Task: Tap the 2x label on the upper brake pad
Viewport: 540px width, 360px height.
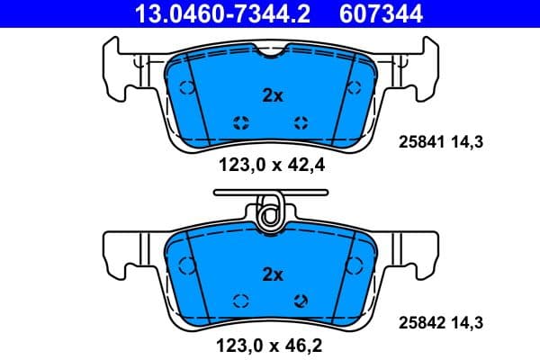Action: pos(272,96)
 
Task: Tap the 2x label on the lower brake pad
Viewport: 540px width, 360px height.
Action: pos(272,274)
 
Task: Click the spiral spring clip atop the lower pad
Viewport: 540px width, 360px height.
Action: pos(268,215)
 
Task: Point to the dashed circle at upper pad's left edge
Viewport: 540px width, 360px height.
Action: pos(187,87)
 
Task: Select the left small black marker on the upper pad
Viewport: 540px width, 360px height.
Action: pos(240,123)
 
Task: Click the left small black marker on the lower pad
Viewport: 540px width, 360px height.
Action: pos(240,301)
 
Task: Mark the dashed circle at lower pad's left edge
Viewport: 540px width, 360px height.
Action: pos(187,265)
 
